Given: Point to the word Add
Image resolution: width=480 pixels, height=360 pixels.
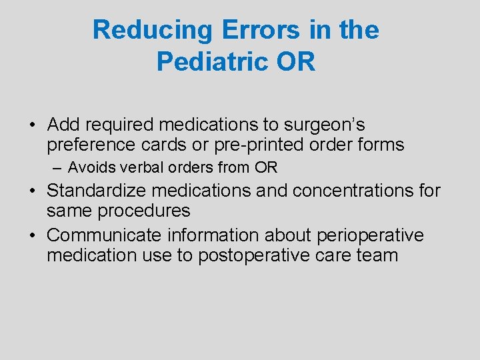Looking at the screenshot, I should [63, 125].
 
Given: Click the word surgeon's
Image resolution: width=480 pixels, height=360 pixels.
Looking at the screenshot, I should [323, 125].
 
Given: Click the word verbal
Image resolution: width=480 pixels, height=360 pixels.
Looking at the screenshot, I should [137, 167].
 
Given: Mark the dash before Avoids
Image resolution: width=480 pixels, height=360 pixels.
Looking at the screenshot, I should [59, 167].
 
